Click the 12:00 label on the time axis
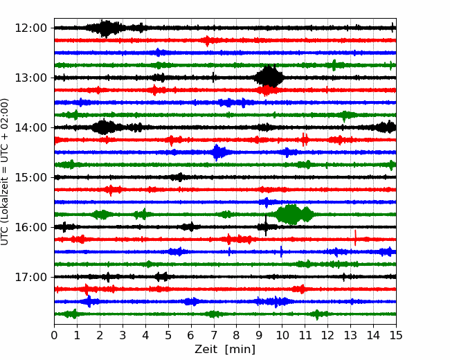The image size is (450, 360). pos(30,28)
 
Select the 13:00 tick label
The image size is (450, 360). pos(30,78)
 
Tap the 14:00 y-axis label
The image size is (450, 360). pos(30,127)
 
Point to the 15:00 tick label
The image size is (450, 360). pos(30,177)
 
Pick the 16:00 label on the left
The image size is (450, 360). pos(30,227)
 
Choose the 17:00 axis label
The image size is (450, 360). pos(30,277)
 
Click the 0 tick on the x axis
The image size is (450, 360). pos(54,335)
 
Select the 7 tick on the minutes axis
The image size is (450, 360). pos(214,335)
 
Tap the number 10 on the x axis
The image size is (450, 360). pos(282,335)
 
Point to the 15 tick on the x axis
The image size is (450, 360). pos(396,335)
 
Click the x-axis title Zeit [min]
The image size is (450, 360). pos(225,350)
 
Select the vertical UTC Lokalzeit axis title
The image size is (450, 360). pos(5,172)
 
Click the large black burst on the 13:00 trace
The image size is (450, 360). pos(269,76)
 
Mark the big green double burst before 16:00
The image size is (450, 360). pos(294,215)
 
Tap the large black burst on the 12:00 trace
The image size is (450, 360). pos(106,28)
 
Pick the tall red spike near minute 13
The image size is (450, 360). pos(356,237)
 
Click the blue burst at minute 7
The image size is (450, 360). pos(219,152)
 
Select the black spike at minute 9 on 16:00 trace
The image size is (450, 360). pos(266,226)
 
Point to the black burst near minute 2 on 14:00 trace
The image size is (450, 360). pos(102,127)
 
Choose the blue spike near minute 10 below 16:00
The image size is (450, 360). pos(281,252)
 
